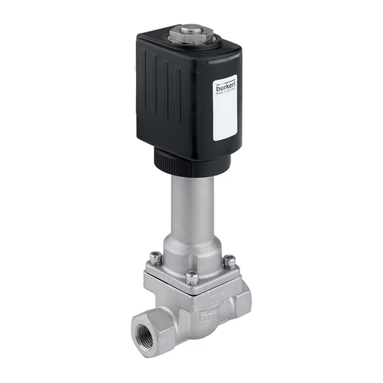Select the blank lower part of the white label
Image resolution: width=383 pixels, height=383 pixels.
coord(225,120)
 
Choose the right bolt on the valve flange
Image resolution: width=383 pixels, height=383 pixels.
coord(230,261)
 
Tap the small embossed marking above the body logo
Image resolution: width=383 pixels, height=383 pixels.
coord(215,297)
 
